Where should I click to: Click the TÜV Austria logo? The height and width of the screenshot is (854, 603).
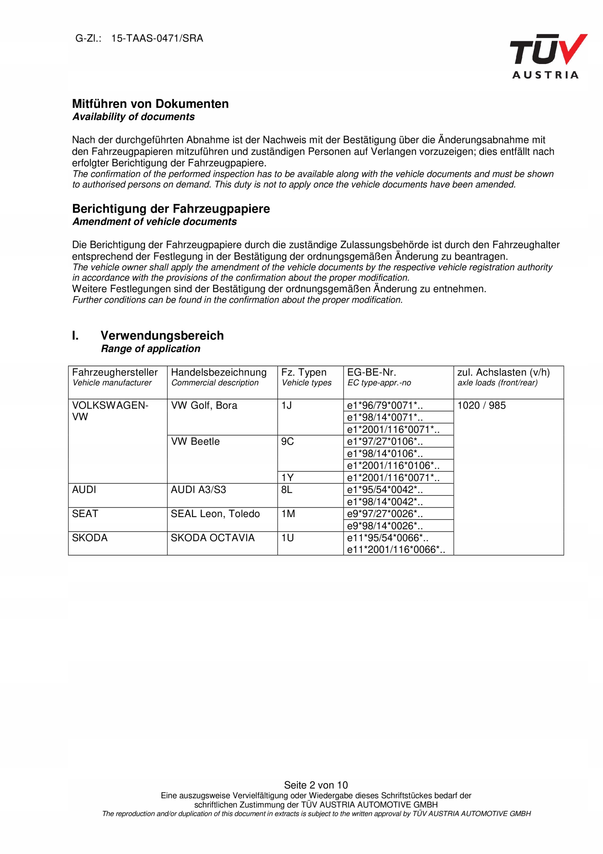pos(548,56)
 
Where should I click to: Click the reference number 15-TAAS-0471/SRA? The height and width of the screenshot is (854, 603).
pos(157,38)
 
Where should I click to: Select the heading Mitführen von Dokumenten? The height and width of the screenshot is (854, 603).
pos(150,104)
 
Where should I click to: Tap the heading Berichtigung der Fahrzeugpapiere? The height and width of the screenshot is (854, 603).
pos(171,209)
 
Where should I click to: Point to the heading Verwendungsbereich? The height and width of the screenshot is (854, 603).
pos(162,336)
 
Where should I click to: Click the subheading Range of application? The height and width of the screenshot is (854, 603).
pos(151,349)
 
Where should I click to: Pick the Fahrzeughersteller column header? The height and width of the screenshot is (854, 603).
pos(115,372)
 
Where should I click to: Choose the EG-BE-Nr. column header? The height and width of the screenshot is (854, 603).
pos(371,372)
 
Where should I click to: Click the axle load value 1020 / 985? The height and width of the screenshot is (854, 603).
pos(481,405)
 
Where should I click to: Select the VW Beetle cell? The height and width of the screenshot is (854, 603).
pos(195,441)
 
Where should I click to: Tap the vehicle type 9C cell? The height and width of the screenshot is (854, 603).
pos(287,441)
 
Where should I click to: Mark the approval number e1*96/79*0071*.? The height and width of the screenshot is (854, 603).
pos(385,405)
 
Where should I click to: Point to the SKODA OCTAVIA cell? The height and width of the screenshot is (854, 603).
pos(213,538)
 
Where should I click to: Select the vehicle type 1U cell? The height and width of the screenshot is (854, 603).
pos(287,538)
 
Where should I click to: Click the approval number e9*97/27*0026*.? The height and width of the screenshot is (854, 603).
pos(385,514)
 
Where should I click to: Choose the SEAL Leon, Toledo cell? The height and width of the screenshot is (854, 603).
pos(215,514)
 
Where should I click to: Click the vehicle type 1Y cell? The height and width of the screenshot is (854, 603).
pos(287,478)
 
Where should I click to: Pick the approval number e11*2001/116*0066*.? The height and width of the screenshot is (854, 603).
pos(396,549)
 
